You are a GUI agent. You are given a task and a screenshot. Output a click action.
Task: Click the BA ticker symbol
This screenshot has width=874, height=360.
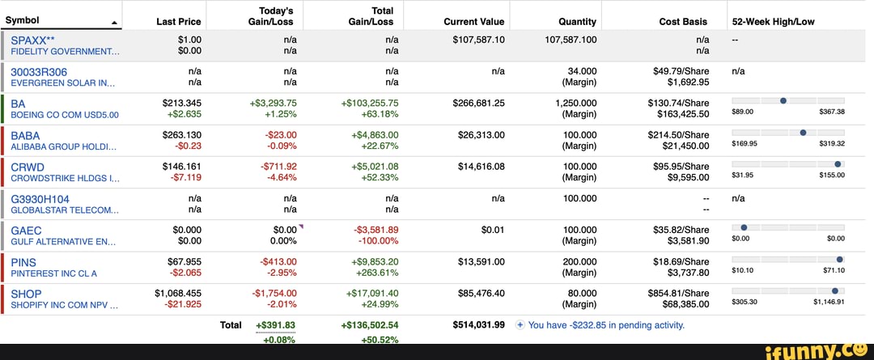tap(18, 103)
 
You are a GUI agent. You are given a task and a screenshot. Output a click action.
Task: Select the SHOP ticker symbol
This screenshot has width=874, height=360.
tap(26, 294)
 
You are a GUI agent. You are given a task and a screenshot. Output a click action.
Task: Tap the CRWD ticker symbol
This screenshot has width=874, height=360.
tap(28, 167)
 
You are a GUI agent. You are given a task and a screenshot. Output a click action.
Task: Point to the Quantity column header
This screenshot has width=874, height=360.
tap(577, 22)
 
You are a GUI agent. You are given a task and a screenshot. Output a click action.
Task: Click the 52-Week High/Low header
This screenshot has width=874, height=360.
tap(773, 22)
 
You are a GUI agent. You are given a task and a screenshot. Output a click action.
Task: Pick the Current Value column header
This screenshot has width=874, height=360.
tap(474, 22)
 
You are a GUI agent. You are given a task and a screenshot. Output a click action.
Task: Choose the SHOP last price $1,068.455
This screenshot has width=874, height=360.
tap(178, 294)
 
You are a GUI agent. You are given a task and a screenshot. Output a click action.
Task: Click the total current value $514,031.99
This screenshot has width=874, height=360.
tap(478, 325)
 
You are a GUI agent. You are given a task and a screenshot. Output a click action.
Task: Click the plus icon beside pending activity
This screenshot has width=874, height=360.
tap(520, 325)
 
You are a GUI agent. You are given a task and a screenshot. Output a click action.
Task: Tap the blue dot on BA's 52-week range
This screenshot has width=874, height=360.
tap(783, 100)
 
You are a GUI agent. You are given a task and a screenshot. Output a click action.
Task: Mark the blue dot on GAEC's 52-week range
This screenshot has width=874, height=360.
tap(744, 227)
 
